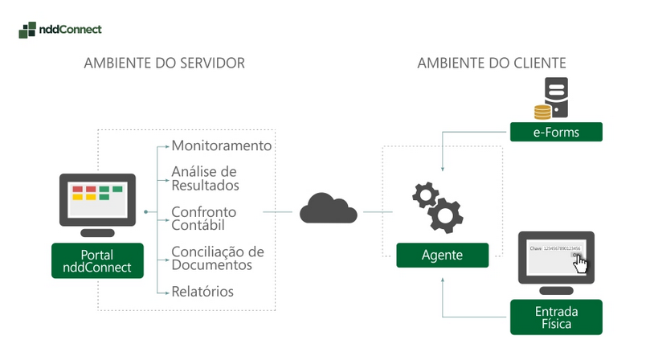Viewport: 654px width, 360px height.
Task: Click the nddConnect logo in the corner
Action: (59, 30)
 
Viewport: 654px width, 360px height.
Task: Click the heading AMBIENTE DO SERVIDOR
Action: (164, 63)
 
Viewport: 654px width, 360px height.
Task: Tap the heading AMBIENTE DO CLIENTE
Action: (492, 63)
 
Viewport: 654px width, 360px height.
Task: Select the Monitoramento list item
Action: (222, 146)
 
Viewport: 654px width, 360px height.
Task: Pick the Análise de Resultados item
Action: (205, 178)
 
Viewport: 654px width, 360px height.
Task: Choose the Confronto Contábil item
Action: (204, 219)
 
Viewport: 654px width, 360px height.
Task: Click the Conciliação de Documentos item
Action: (218, 258)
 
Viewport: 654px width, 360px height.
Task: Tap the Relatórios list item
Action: (202, 291)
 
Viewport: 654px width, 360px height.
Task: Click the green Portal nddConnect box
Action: (98, 260)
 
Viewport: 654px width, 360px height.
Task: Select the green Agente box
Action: (442, 256)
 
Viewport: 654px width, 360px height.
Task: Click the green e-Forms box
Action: (556, 132)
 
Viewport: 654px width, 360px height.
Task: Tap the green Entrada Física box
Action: (556, 317)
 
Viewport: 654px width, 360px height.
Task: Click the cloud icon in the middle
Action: (328, 210)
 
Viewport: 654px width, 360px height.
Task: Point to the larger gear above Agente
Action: (444, 215)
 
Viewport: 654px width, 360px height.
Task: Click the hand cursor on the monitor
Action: (580, 265)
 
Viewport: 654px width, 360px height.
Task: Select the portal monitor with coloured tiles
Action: (98, 201)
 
